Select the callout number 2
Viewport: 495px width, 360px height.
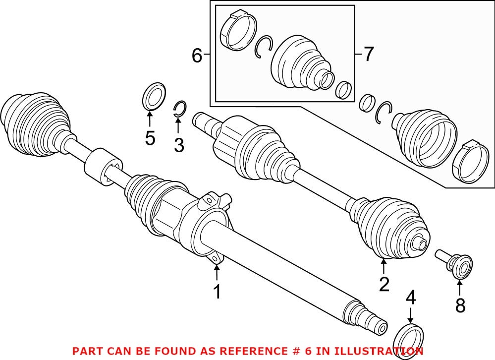pos(384,284)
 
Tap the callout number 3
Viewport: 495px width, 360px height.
pos(178,145)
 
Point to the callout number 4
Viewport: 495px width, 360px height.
pos(410,299)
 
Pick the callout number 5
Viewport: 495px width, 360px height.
pos(150,138)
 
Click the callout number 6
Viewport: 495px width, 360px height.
pos(197,56)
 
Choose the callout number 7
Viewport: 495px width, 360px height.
pos(368,54)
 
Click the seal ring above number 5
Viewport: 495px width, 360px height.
pos(154,96)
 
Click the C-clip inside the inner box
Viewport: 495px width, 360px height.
pos(263,48)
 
